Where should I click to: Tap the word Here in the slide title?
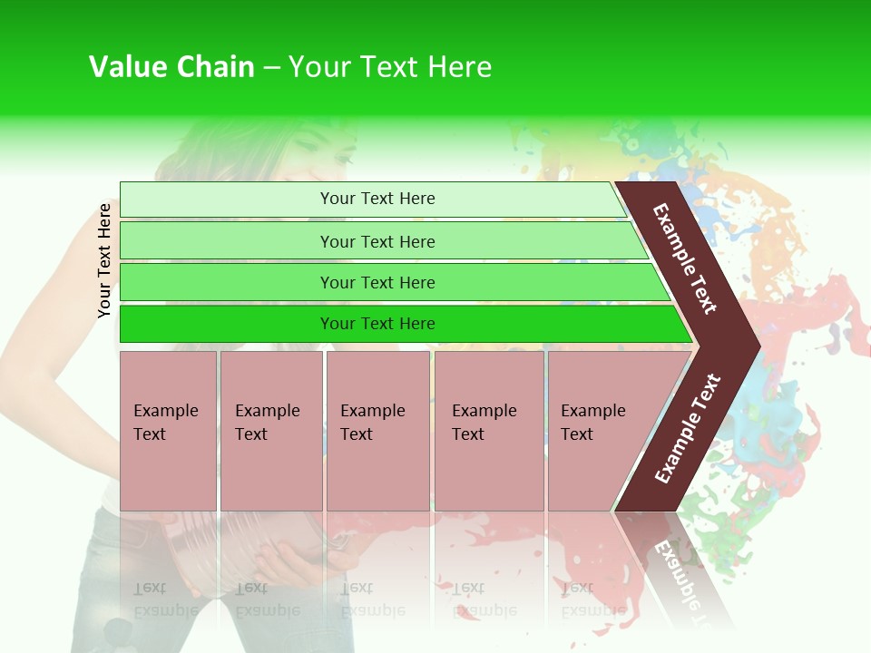tap(459, 67)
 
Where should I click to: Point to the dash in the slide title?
tap(271, 68)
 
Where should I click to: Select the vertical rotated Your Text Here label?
tap(104, 260)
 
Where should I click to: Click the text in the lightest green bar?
tap(377, 199)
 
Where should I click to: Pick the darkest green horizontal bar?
tap(399, 324)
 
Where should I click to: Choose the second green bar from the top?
tap(381, 241)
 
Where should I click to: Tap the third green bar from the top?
tap(390, 282)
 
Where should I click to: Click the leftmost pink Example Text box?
tap(168, 431)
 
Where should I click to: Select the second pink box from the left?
tap(270, 431)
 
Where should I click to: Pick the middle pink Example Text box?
tap(377, 431)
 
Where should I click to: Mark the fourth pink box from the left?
tap(489, 431)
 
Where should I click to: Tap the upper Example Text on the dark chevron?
tap(685, 258)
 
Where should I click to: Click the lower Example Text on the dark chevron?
tap(688, 428)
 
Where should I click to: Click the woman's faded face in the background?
tap(313, 150)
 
